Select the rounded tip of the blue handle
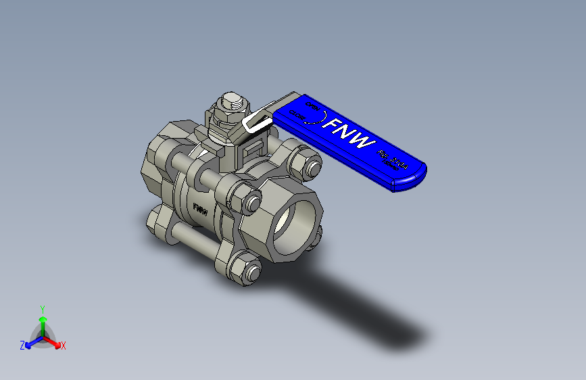coord(411,179)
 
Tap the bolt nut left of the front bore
coord(247,201)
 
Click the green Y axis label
coord(42,308)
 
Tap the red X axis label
coord(64,346)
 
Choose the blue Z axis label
coord(22,346)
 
